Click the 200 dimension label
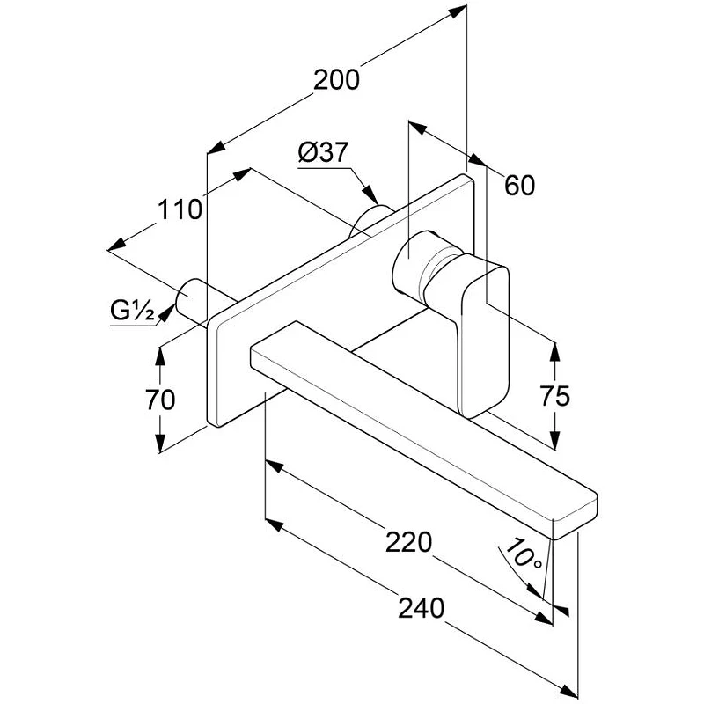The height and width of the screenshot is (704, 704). [336, 80]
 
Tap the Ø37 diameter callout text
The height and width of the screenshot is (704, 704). [323, 152]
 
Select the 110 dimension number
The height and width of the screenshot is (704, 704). [180, 209]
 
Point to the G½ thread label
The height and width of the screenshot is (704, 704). [133, 311]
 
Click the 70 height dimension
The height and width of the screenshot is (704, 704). [160, 400]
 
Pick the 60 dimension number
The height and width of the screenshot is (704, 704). [519, 185]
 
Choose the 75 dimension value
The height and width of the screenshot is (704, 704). [555, 396]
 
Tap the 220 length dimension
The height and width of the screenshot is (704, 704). [408, 542]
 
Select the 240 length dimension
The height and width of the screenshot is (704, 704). [422, 608]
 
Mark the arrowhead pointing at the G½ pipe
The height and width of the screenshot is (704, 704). [166, 313]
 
